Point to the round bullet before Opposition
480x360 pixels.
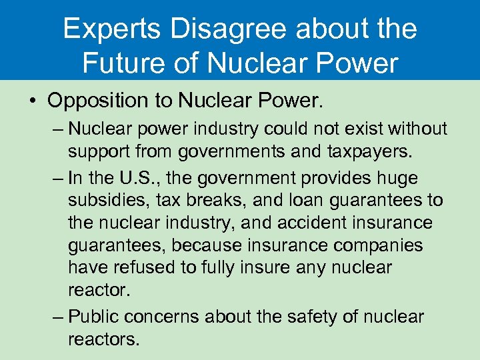[x=32, y=101]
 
